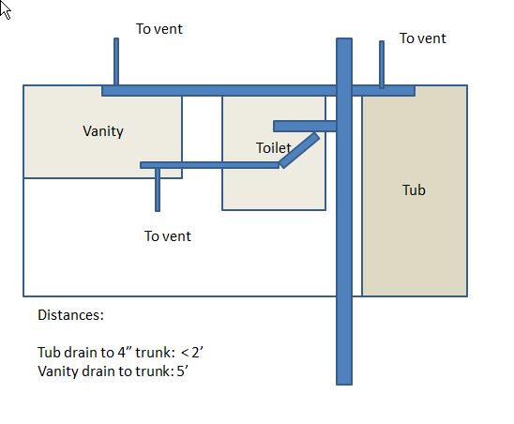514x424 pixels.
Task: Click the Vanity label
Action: [103, 131]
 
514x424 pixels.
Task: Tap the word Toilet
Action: [273, 148]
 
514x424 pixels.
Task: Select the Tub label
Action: [414, 190]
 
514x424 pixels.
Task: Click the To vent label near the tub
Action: [422, 38]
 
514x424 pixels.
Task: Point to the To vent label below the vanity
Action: [168, 236]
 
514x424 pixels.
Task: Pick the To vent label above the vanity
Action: [159, 29]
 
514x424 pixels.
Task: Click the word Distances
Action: [70, 315]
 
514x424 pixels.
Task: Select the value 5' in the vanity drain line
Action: [182, 371]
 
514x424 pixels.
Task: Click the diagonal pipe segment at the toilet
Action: [299, 150]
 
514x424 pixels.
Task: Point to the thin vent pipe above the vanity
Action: [116, 62]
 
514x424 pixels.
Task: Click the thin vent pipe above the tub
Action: [382, 65]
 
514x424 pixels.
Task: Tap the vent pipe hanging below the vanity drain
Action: [158, 189]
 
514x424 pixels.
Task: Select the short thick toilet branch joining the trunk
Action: [305, 127]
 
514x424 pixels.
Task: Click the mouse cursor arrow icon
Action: [6, 9]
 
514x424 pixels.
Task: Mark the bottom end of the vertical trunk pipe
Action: [344, 385]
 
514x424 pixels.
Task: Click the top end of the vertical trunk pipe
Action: [344, 38]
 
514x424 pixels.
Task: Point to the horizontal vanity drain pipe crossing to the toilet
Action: [209, 165]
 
